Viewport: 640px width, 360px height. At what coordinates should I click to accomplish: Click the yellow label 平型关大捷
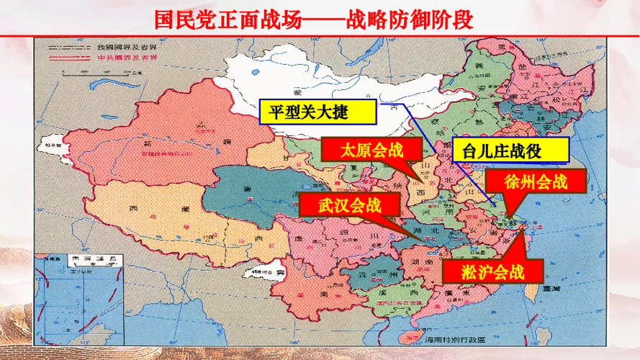317,113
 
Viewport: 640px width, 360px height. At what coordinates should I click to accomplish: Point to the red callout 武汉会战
348,204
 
